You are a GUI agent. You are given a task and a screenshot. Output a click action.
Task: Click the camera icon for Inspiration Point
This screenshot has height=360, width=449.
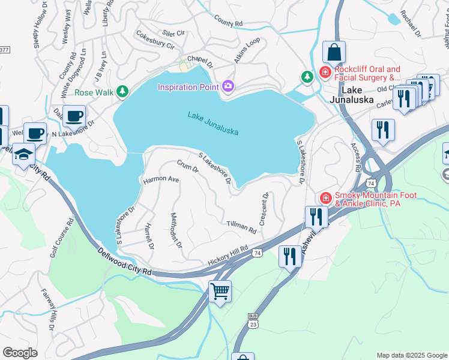[x=228, y=87]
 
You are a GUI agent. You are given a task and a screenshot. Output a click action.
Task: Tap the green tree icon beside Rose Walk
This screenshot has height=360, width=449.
[x=122, y=92]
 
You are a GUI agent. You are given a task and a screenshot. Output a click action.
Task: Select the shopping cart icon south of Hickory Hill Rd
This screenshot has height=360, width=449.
[x=220, y=292]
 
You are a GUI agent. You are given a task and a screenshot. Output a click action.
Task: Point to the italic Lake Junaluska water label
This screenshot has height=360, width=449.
[x=213, y=123]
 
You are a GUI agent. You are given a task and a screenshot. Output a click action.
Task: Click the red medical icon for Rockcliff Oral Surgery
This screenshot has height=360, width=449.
[x=325, y=73]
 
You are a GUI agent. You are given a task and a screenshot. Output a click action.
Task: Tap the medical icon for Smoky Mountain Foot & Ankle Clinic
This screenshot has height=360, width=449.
[x=325, y=197]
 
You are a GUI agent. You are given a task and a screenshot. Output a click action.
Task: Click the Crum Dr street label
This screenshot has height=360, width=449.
[x=188, y=166]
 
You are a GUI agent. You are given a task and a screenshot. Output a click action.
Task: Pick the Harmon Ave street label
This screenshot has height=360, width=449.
[x=161, y=179]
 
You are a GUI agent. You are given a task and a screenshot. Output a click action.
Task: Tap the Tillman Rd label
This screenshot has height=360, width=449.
[x=241, y=227]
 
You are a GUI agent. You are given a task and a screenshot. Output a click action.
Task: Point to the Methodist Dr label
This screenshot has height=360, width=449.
[x=176, y=231]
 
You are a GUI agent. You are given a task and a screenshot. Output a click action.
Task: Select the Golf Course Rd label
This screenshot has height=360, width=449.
[x=61, y=238]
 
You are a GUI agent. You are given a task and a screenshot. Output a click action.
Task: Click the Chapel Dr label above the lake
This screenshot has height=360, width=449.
[x=200, y=61]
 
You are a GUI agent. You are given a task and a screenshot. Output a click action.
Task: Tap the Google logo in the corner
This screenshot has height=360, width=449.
[x=20, y=353]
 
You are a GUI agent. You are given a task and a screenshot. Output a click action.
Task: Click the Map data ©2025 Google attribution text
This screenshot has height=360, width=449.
[x=412, y=355]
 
